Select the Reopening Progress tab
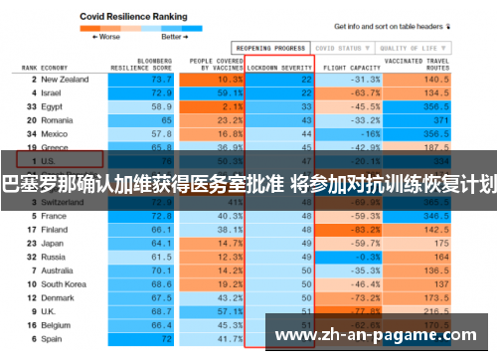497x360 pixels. (269, 47)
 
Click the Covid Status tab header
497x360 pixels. (337, 47)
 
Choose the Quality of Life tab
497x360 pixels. (408, 47)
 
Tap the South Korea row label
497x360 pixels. (64, 283)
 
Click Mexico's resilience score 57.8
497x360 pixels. (160, 132)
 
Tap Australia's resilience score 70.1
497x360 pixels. (160, 270)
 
